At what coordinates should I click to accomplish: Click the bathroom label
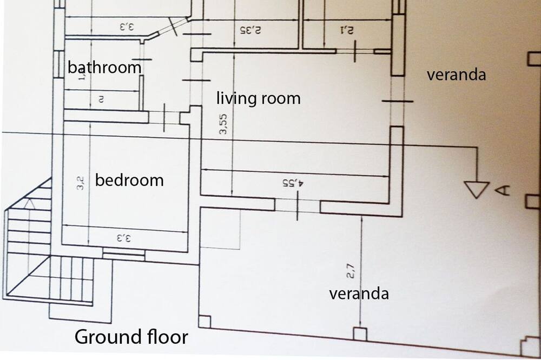[104, 68]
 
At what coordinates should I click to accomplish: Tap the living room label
[258, 98]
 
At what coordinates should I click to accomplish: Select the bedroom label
[129, 179]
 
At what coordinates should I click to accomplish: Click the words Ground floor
[131, 337]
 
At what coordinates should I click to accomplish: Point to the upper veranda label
[456, 75]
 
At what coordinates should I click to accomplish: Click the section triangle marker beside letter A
[477, 189]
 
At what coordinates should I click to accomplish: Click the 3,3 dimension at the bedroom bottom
[124, 237]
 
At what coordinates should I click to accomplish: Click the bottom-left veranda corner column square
[204, 321]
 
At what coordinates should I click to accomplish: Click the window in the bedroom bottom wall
[124, 253]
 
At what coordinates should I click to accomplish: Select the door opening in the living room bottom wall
[297, 205]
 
